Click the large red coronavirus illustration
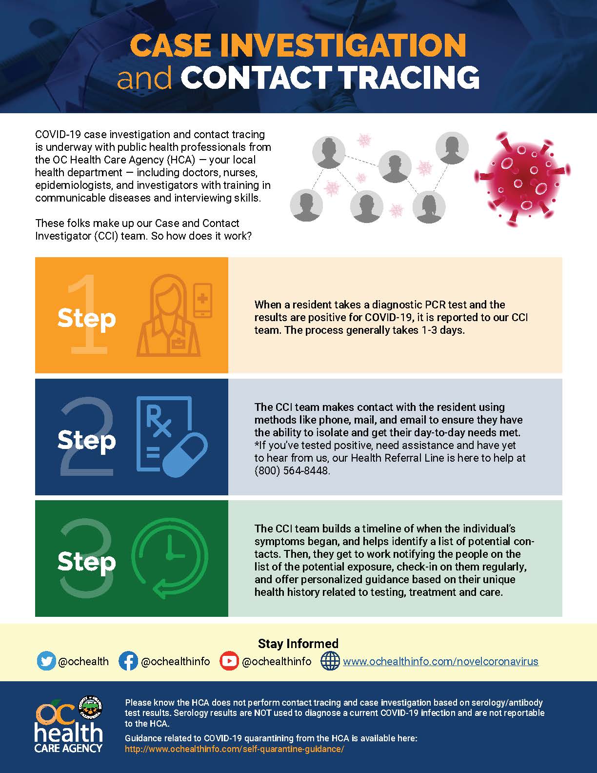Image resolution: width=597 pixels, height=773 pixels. click(x=522, y=178)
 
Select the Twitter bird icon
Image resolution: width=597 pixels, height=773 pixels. click(x=46, y=661)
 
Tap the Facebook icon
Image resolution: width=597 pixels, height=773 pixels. click(x=128, y=661)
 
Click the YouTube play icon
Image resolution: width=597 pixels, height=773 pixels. click(x=229, y=661)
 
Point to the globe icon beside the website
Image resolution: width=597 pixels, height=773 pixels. click(x=330, y=661)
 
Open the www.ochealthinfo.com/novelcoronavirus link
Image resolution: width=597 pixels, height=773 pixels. click(x=440, y=662)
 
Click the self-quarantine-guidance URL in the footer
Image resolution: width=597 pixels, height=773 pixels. click(x=234, y=749)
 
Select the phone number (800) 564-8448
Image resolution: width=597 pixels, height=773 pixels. click(x=292, y=470)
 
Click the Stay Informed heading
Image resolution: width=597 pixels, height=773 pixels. click(x=298, y=644)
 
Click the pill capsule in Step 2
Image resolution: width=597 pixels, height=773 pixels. click(x=184, y=456)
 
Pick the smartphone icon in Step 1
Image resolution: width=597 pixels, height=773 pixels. click(x=203, y=300)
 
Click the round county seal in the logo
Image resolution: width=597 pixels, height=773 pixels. click(x=90, y=706)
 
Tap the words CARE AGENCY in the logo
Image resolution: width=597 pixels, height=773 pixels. click(x=68, y=748)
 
